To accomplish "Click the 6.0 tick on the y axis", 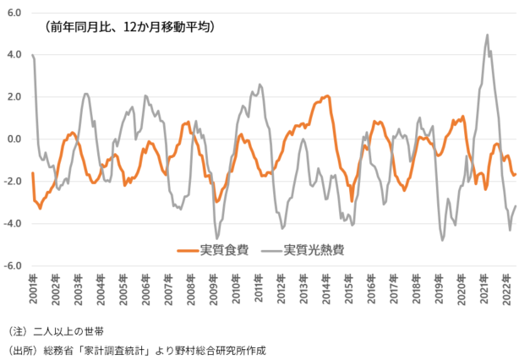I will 14,13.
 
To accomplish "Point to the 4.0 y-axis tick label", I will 14,55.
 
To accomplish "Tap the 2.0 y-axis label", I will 14,97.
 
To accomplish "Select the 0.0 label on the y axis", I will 14,139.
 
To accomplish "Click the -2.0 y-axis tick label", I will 13,182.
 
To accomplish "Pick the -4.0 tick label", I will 13,224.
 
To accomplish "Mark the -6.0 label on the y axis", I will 13,266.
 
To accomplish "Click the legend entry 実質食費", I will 224,249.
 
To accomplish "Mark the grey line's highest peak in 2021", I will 488,35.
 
